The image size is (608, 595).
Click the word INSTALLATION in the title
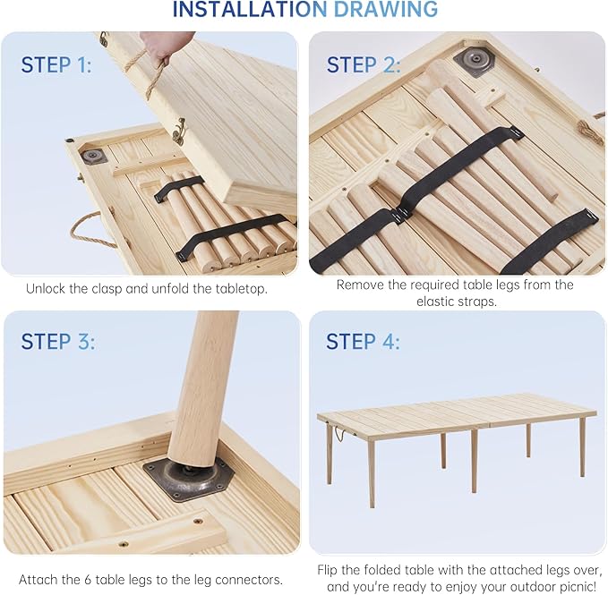tap(250, 9)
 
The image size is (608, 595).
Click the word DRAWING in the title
tap(386, 9)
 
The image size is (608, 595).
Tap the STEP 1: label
tap(56, 64)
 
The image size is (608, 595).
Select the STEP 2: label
tap(363, 64)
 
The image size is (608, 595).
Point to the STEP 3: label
tap(58, 341)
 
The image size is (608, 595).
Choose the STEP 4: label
tap(363, 341)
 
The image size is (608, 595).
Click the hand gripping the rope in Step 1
tap(165, 47)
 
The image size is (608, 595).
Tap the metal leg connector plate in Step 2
tap(475, 61)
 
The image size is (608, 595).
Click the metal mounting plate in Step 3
tap(185, 479)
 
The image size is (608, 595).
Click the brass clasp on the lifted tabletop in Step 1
tap(179, 131)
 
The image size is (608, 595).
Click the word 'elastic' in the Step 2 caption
tap(438, 301)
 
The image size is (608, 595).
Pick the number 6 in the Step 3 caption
tap(88, 580)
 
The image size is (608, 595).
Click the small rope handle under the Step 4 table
tap(339, 434)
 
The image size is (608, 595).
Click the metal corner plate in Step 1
tap(93, 156)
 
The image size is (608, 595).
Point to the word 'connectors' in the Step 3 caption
tap(248, 580)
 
